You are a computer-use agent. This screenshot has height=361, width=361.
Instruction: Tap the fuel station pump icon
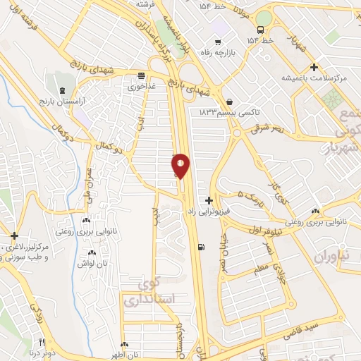pos(203,247)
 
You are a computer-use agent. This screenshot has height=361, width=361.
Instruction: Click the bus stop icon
pos(261,30)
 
